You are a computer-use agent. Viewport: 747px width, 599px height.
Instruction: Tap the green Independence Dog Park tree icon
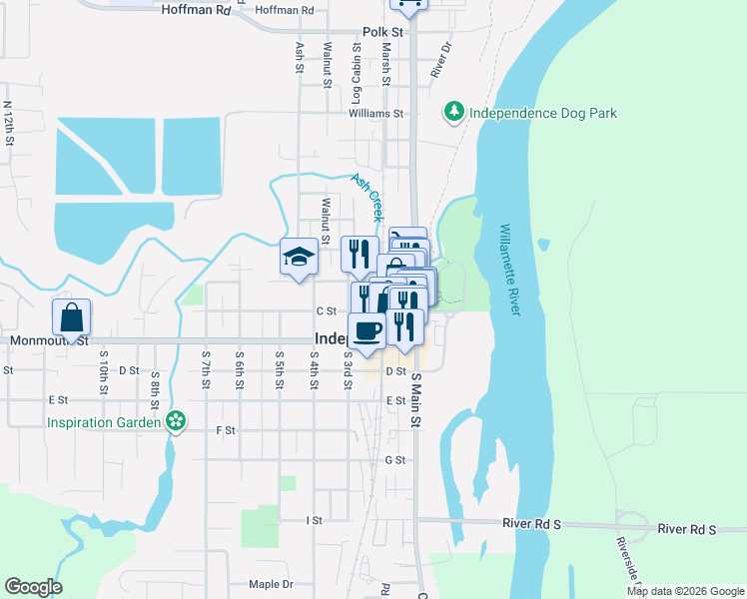click(x=454, y=112)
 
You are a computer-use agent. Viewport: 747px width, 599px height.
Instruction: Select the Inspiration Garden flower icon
click(x=176, y=421)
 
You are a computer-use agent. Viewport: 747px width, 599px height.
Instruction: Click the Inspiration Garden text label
click(x=104, y=422)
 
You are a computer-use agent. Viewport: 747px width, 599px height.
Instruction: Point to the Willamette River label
click(x=509, y=270)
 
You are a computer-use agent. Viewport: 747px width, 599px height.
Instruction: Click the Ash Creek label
click(x=367, y=196)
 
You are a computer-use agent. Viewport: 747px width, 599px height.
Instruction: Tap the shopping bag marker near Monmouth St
click(x=72, y=319)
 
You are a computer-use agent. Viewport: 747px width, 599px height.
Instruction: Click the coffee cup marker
click(x=367, y=331)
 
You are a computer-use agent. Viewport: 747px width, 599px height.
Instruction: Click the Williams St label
click(x=375, y=114)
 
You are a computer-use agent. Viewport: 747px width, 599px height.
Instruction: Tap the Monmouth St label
click(x=49, y=340)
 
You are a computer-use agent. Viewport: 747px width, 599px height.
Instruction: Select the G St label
click(x=394, y=460)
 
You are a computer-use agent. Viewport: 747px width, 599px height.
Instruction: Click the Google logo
click(x=33, y=587)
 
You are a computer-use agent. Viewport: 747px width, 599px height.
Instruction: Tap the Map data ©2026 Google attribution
click(x=684, y=591)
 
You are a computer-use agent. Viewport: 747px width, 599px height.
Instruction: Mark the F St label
click(x=225, y=430)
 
